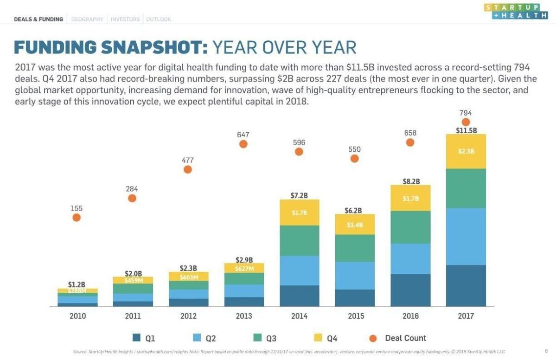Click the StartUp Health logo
point(515,11)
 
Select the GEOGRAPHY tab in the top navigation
point(87,19)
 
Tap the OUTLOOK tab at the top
point(159,19)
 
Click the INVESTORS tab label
point(125,19)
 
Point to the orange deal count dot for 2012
point(188,169)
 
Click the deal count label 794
point(466,113)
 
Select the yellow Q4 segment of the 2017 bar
point(466,151)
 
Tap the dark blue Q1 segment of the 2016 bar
point(410,290)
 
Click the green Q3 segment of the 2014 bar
point(299,240)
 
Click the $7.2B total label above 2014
point(299,196)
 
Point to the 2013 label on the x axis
point(243,316)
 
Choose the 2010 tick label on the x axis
point(77,316)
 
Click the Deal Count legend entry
point(399,338)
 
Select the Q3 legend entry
point(265,338)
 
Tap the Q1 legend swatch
point(136,338)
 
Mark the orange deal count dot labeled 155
point(77,217)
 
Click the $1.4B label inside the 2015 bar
point(355,225)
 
